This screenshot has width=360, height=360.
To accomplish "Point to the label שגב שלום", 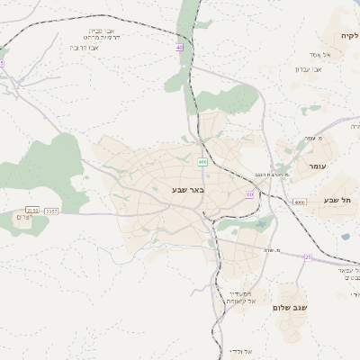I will click(291, 308).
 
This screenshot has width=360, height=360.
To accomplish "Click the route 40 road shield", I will click(180, 47).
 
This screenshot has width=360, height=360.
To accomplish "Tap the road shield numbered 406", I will click(202, 162).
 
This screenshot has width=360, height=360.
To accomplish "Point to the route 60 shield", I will click(249, 194).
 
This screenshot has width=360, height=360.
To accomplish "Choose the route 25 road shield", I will click(307, 257).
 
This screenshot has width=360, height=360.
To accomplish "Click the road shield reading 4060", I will click(300, 202).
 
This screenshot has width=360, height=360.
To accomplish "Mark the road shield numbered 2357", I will click(51, 211).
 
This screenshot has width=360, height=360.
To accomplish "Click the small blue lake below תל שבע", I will click(346, 238).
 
